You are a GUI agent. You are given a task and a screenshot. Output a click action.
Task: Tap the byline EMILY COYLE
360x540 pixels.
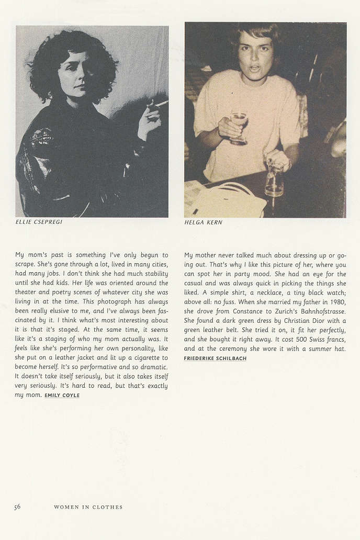coord(62,396)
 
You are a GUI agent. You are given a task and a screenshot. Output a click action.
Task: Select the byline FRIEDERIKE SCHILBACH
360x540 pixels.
coord(215,358)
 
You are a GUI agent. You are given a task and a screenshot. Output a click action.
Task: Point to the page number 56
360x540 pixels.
coord(17,507)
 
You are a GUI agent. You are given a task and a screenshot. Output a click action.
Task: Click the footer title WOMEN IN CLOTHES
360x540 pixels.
coord(88,507)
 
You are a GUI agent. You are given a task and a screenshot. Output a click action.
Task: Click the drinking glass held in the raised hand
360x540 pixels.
coord(239,128)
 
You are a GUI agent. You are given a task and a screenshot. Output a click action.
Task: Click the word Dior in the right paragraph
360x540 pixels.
coord(317,321)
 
